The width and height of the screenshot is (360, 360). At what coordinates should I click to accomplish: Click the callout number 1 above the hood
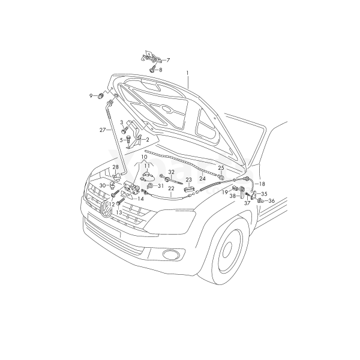point(187,73)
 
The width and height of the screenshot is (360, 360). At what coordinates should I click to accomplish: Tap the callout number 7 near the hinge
point(168,60)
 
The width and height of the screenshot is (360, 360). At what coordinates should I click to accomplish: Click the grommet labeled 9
point(101,95)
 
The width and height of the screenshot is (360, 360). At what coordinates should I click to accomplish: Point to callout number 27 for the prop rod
point(103,130)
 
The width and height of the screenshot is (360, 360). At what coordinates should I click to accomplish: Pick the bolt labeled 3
point(124,131)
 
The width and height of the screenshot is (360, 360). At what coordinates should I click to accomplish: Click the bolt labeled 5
point(128,139)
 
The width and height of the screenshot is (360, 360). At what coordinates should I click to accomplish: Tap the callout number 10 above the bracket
point(144,157)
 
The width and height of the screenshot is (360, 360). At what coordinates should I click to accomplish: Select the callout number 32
point(171,172)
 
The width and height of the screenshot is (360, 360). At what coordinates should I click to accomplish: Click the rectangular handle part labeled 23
point(189,190)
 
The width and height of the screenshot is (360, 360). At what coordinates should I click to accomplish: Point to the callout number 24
point(202,178)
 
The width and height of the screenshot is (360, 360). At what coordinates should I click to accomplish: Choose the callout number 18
point(262,184)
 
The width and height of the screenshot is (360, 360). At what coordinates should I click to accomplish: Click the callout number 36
point(271,201)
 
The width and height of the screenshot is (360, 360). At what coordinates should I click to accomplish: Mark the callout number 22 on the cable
point(171,188)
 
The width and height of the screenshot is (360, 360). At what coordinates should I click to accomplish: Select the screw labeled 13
point(121,202)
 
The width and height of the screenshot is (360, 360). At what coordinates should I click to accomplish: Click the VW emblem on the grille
point(106,209)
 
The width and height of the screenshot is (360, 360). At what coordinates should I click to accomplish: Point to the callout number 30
point(103,185)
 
